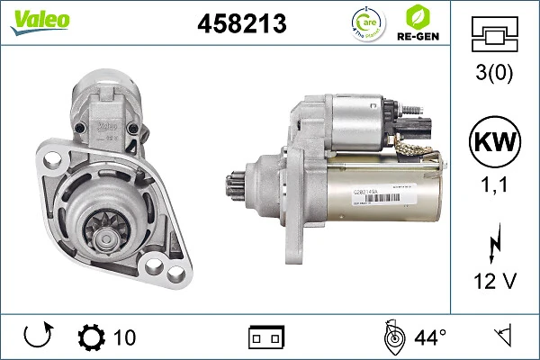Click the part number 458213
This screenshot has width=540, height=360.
[241, 23]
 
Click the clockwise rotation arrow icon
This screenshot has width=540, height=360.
[37, 337]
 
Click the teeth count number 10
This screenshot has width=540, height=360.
[124, 337]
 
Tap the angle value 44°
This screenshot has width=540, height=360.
[430, 337]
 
